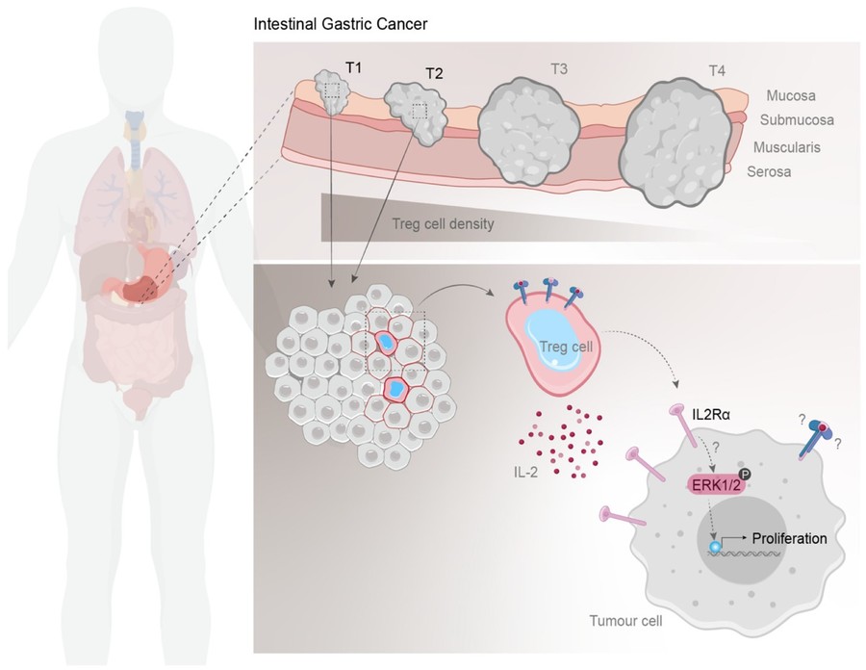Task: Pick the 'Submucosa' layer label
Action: click(797, 120)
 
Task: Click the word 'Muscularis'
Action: click(794, 149)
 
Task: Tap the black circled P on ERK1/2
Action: click(747, 474)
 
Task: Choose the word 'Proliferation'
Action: click(788, 538)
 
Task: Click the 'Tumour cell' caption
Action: click(624, 621)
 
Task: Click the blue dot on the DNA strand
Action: click(715, 547)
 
